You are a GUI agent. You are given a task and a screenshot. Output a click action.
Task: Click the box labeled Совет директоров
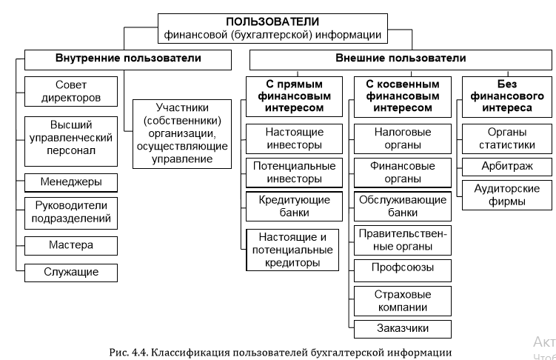(71, 92)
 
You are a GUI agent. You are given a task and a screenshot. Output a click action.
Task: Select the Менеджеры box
(71, 182)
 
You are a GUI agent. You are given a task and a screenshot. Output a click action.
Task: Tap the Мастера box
(71, 245)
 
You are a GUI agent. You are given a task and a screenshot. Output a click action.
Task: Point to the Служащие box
(71, 273)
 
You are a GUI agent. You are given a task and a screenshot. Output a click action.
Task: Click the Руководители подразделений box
(71, 213)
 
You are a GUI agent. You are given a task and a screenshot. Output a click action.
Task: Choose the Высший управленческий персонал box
(71, 141)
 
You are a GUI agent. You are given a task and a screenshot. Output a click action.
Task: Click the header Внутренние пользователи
(128, 59)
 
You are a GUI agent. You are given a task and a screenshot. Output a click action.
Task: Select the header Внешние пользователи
(401, 59)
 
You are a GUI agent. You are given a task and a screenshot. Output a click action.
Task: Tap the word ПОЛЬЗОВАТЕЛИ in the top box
(272, 21)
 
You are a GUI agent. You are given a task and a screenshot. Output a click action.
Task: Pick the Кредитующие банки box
(295, 207)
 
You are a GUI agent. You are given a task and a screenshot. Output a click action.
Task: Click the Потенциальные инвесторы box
(295, 173)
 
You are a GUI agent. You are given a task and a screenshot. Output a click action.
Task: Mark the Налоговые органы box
(403, 139)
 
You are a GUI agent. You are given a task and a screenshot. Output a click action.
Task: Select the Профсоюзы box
(403, 270)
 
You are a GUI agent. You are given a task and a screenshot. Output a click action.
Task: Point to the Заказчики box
(403, 329)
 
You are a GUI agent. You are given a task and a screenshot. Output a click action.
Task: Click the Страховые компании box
(403, 301)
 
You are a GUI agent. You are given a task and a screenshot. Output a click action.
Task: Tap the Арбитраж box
(507, 167)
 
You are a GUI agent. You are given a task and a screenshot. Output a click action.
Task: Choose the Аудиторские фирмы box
(507, 195)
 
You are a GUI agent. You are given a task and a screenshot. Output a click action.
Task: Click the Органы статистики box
(507, 139)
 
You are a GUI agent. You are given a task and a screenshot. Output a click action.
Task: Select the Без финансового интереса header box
(507, 97)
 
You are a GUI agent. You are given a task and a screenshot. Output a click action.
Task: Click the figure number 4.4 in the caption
(138, 353)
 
